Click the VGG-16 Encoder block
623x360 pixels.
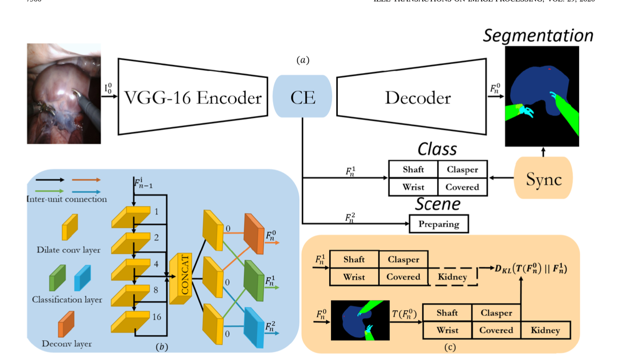[193, 97]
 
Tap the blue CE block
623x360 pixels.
[303, 97]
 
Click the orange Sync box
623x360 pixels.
[543, 179]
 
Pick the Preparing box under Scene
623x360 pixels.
[439, 224]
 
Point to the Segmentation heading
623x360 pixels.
[538, 36]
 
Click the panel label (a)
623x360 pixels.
[303, 60]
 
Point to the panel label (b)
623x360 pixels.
[161, 346]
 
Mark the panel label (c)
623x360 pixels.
[449, 346]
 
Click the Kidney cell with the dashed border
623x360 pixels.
[452, 277]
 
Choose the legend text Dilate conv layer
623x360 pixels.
[69, 250]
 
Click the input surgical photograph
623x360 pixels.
[64, 94]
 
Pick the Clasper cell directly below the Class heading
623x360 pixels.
[462, 169]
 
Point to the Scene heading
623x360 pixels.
[438, 204]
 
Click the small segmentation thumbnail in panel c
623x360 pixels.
[360, 319]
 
